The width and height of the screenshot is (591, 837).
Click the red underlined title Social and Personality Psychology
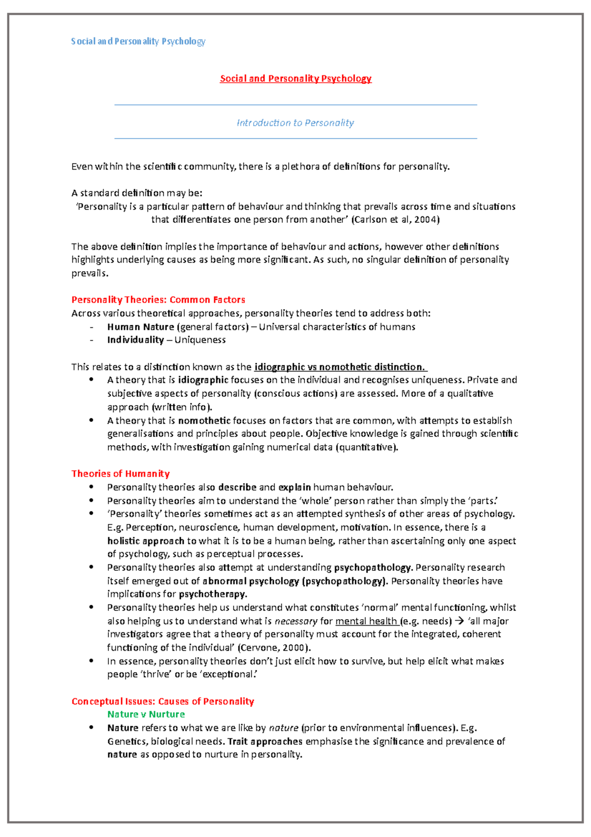295,78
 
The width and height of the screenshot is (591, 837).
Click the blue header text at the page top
138,41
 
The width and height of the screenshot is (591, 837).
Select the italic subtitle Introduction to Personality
295,123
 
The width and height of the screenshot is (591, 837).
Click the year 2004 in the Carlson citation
425,220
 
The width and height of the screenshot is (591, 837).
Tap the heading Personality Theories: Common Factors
158,300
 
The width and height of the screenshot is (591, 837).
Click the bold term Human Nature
140,327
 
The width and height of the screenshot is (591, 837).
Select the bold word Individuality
135,340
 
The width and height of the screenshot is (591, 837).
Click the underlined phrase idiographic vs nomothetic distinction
339,367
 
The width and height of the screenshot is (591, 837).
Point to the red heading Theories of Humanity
120,474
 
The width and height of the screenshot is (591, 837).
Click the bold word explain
295,488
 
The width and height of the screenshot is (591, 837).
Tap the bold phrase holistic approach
145,541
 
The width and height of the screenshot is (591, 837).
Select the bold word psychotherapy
212,594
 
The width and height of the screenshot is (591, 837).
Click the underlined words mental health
366,621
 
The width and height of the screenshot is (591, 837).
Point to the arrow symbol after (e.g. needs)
460,621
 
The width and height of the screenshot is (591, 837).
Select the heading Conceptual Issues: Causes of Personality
163,701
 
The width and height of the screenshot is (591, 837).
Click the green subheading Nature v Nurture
146,714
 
